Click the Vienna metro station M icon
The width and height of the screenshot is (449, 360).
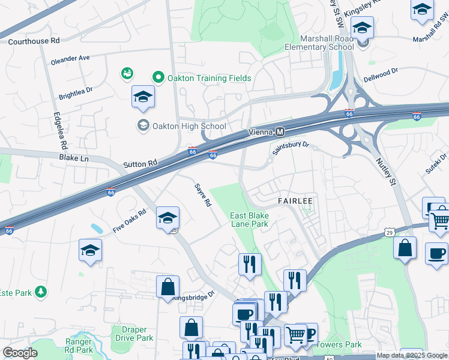280,132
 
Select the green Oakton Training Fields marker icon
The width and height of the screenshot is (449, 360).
158,77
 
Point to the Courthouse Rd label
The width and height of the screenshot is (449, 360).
34,41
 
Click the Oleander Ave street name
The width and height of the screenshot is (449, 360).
70,58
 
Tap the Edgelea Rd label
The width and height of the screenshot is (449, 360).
60,130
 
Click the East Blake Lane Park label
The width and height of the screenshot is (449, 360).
249,220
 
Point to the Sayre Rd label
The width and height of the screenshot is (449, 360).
203,195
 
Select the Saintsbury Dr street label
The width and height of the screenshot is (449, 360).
290,148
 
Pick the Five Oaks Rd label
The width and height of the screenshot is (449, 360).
130,221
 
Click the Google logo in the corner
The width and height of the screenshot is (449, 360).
20,353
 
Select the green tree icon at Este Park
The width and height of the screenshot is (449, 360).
40,292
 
